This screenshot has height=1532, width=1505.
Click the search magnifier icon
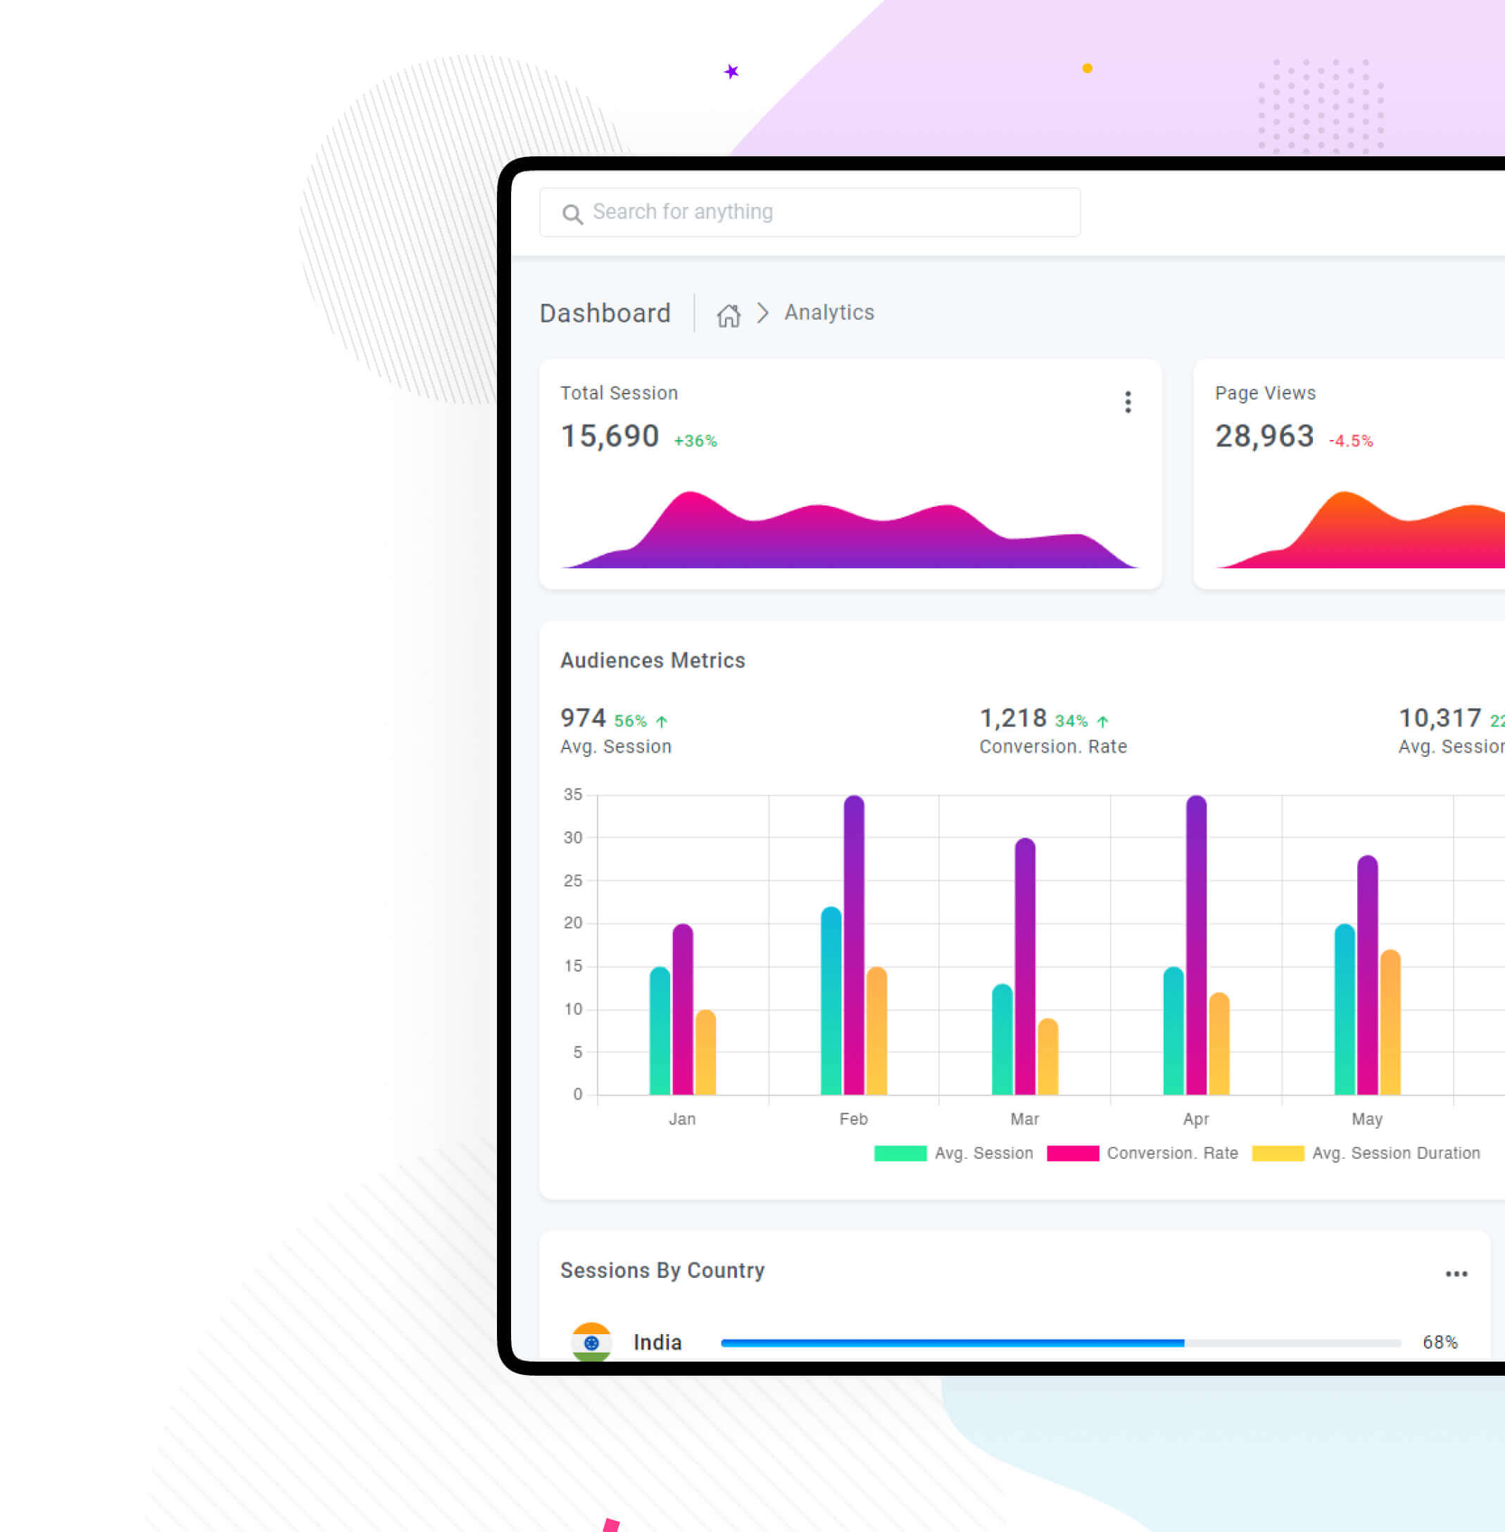click(572, 213)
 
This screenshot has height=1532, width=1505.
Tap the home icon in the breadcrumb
click(728, 315)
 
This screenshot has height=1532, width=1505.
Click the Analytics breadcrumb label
click(829, 313)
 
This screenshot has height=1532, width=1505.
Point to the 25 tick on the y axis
click(572, 881)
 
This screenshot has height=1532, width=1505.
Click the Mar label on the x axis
click(1024, 1119)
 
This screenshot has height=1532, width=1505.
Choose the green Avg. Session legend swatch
click(900, 1153)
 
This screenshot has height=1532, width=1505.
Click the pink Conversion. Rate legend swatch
click(1072, 1153)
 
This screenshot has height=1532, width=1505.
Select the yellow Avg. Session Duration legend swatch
click(1278, 1153)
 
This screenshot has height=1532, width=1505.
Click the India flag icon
click(591, 1341)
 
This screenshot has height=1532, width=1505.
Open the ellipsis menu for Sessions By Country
click(1456, 1274)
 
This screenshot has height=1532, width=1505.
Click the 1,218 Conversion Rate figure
click(1012, 718)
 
